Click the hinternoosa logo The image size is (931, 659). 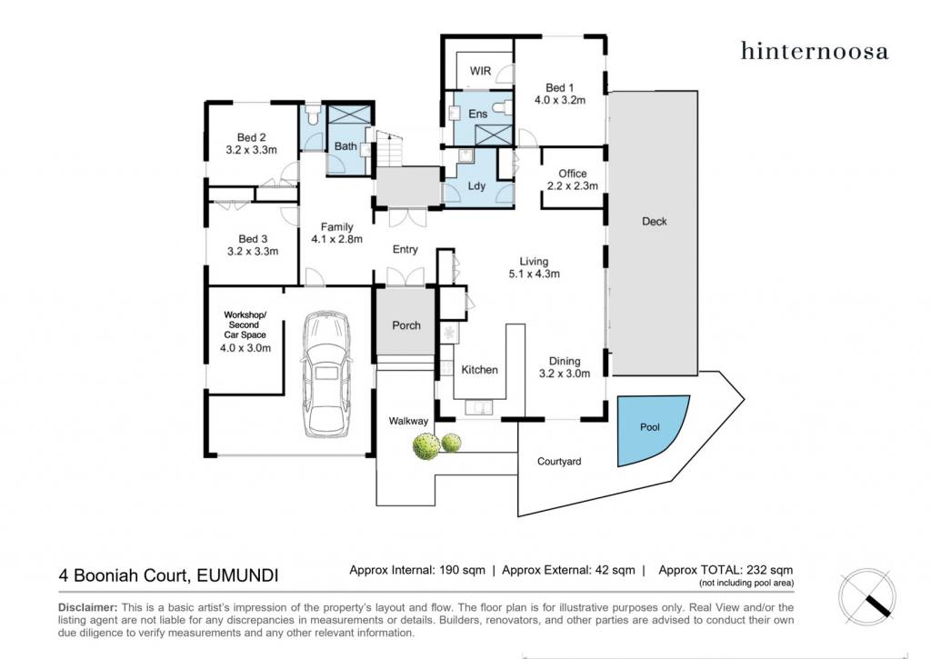coord(814,51)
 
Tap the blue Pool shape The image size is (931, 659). coord(649,429)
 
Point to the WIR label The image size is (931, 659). coord(480,71)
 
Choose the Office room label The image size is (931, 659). coord(573,174)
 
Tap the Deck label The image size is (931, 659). coord(655,222)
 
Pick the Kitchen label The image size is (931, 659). coord(480,370)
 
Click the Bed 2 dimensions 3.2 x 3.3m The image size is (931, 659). coord(251,150)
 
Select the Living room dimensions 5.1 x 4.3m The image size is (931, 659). coord(534,274)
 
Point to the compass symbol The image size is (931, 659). coord(866,596)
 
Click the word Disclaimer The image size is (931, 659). coord(87,607)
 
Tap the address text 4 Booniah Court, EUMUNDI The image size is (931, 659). coord(168,575)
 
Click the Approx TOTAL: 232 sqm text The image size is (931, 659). coord(726,570)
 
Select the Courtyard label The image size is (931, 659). coord(559,462)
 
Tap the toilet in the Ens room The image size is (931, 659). coord(506,107)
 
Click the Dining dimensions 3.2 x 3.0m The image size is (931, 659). coord(565,374)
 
